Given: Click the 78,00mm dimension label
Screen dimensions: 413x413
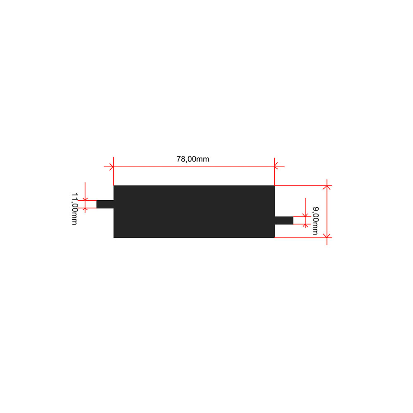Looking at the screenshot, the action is point(193,159).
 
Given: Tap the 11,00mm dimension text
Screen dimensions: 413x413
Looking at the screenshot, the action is point(74,209).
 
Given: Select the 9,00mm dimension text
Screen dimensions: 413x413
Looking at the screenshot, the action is point(315,221).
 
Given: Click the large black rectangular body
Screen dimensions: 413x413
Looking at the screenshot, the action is point(194,211).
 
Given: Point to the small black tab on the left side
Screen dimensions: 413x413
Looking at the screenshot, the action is point(105,204).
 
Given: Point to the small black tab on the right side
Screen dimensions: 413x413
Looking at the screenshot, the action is point(284,221).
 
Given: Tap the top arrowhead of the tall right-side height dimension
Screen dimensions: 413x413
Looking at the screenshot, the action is point(327,187).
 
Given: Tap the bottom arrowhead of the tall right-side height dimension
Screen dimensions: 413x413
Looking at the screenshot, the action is point(327,235).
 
